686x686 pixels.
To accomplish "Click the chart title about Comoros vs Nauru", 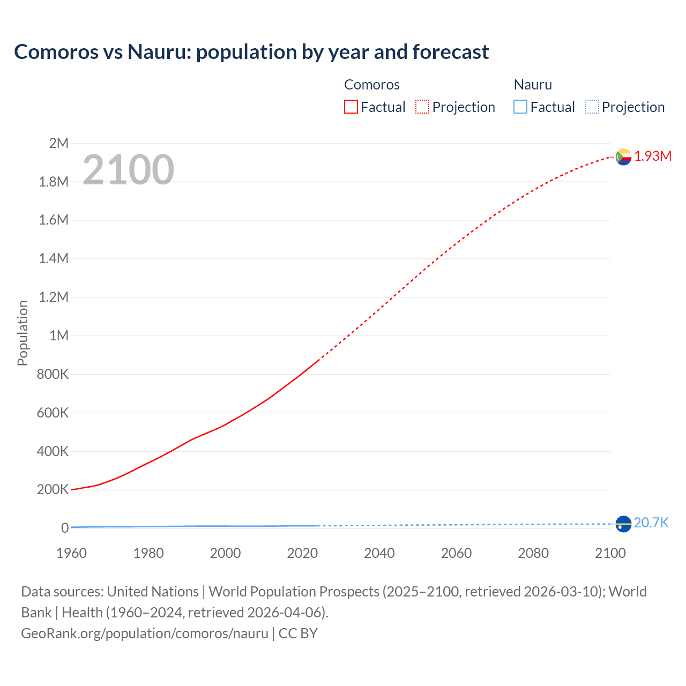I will tap(251, 52).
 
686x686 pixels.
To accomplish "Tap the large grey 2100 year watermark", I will tap(128, 170).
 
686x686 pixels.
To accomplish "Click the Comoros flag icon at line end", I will tap(623, 157).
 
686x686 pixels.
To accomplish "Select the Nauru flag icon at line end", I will tap(623, 524).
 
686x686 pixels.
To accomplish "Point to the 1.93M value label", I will tap(653, 156).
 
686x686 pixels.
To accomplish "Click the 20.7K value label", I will tap(651, 523).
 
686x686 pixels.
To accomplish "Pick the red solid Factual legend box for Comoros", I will tap(351, 107).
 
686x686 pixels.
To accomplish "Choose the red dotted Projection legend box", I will tap(422, 107).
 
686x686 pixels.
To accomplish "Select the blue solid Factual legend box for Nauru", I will tap(520, 107).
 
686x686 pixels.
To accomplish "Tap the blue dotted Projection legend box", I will tap(592, 107).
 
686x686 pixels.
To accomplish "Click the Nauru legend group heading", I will tap(533, 85).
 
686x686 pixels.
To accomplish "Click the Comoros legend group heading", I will tap(372, 85).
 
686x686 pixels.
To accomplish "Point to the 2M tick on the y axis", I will tap(58, 143).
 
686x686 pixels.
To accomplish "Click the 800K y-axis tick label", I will tap(53, 375).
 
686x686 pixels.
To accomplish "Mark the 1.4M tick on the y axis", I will tap(54, 259).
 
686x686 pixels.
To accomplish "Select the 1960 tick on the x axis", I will tap(71, 553).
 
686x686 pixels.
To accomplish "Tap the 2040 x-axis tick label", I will tap(379, 553).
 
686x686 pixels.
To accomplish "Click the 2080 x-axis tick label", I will tap(533, 553).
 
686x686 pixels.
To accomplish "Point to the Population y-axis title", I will tap(23, 333).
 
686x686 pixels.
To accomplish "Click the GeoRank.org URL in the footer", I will tap(145, 633).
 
